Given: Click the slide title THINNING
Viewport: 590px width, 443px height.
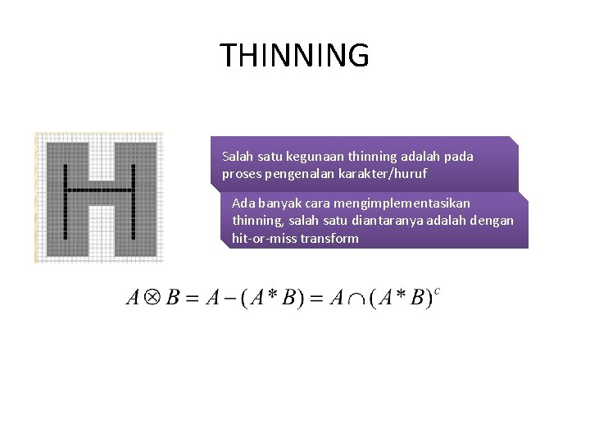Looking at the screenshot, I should (x=294, y=56).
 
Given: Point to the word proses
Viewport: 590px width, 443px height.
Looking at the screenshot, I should (x=238, y=174).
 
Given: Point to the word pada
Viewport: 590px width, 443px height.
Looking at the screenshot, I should (x=458, y=155).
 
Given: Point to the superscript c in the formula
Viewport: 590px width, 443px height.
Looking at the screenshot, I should (x=438, y=290).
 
